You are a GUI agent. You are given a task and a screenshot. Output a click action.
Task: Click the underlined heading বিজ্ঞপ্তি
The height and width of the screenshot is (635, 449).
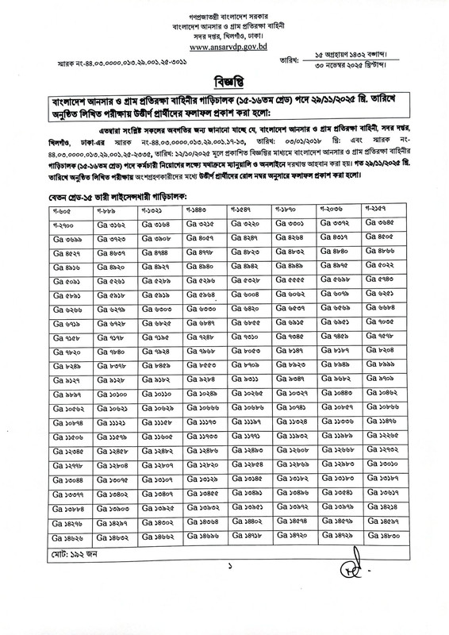[224, 82]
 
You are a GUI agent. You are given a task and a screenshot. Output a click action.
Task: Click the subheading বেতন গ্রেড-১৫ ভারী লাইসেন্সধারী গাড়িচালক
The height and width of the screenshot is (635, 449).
[122, 194]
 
